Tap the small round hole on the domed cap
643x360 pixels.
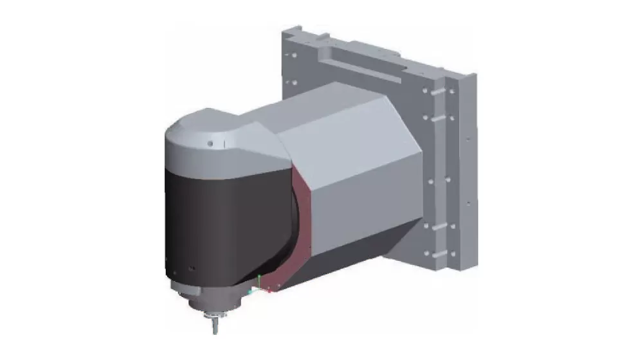coord(210,143)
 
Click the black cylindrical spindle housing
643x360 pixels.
coord(212,219)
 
